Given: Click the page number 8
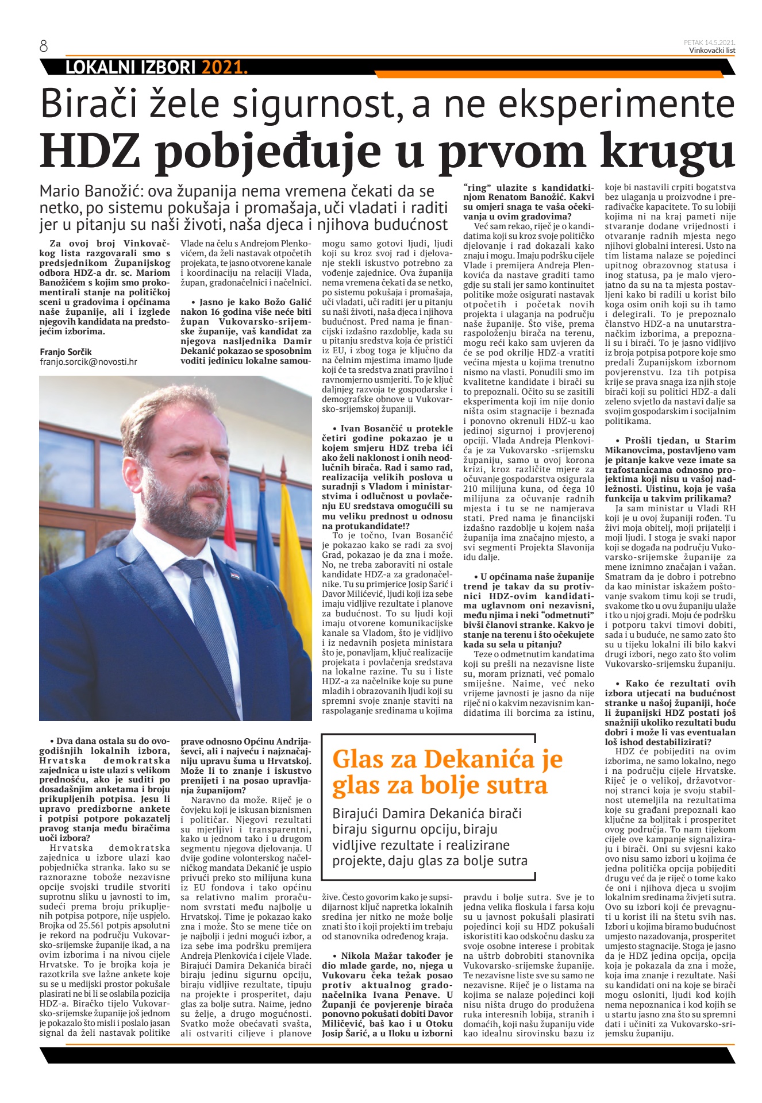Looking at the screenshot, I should tap(44, 47).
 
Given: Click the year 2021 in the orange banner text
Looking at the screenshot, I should tap(224, 68).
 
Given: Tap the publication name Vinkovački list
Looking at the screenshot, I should tap(712, 51).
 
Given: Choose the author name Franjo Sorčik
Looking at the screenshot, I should tap(66, 352).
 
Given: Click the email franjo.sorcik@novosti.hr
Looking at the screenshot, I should tap(88, 362).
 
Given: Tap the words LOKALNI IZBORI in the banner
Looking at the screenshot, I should tap(131, 68).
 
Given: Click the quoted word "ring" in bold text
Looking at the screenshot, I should tap(475, 187).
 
